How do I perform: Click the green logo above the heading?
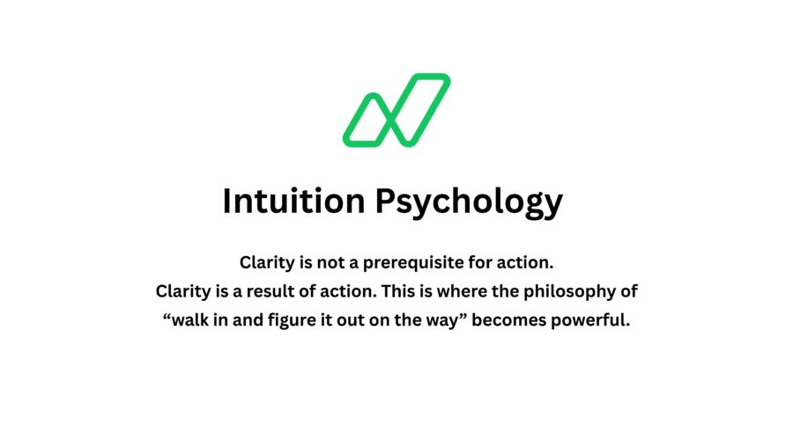[396, 110]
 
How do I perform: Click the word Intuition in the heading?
[294, 201]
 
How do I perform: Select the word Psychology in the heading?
[470, 202]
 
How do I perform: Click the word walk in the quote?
[191, 319]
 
